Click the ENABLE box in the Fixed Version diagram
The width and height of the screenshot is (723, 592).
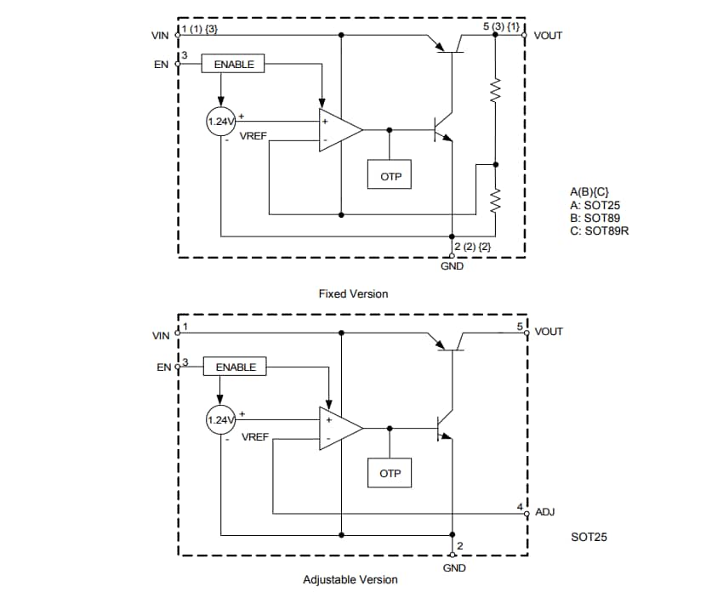pos(234,64)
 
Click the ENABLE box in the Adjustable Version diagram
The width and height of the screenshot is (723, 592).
pos(236,367)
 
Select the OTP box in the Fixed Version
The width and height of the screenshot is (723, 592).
pos(389,175)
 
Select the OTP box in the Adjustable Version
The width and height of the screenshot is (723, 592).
pos(390,473)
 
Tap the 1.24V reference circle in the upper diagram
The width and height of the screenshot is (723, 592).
pos(221,122)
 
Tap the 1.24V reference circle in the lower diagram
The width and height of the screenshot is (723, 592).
pos(221,420)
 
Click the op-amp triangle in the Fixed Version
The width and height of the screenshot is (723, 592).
pos(337,130)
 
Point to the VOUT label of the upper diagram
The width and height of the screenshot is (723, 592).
pos(548,36)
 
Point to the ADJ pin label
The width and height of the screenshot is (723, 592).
pos(545,513)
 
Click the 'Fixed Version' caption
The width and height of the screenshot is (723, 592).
pos(353,293)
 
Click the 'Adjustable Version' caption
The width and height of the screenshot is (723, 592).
pos(350,579)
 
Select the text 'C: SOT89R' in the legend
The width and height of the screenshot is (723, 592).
pos(599,230)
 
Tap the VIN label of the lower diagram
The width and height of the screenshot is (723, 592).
pos(161,336)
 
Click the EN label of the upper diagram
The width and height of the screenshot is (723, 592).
pos(161,64)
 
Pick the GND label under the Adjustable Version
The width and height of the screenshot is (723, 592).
pos(453,567)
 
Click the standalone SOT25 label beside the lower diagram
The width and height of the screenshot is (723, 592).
pos(589,538)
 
